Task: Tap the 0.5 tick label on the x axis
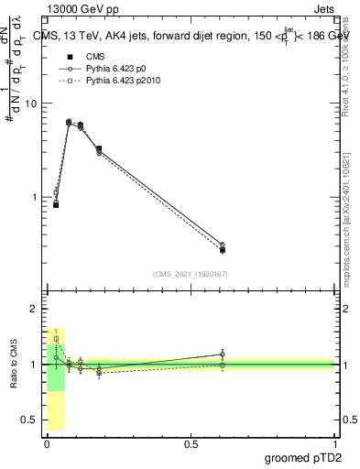pos(191,443)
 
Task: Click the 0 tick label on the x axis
pos(47,443)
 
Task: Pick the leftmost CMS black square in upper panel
pos(56,204)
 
